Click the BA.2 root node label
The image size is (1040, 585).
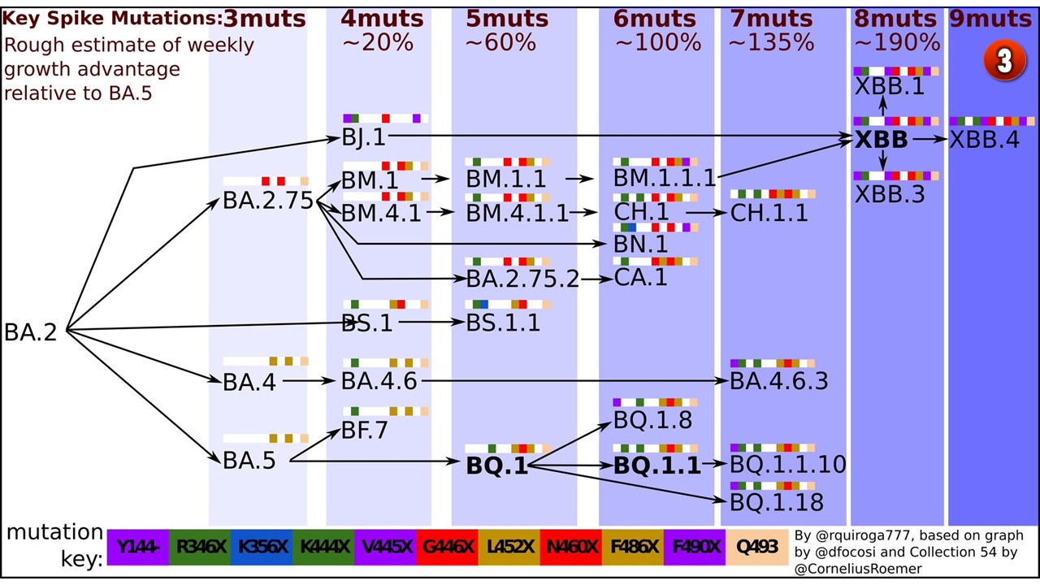point(31,332)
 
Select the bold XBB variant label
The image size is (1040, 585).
point(881,139)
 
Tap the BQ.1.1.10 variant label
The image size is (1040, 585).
point(788,464)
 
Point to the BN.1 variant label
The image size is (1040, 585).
point(641,244)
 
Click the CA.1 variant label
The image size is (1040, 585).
point(641,277)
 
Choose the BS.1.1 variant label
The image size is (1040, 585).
point(503,323)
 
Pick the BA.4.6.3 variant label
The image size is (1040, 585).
point(778,381)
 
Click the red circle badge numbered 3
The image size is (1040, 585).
point(1005,60)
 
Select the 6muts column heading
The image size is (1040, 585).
point(654,19)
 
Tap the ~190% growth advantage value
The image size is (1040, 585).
point(897,43)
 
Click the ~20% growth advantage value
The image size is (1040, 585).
point(378,43)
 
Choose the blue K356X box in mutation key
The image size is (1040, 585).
point(262,548)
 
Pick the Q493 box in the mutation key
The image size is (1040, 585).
point(756,548)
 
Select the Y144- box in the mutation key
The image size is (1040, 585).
point(138,548)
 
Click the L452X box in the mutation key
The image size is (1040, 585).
point(509,548)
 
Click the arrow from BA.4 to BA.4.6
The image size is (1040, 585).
point(309,381)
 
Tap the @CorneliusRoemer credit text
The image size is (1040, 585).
point(859,569)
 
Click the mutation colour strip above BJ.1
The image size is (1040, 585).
point(385,119)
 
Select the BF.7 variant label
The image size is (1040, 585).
point(365,430)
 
